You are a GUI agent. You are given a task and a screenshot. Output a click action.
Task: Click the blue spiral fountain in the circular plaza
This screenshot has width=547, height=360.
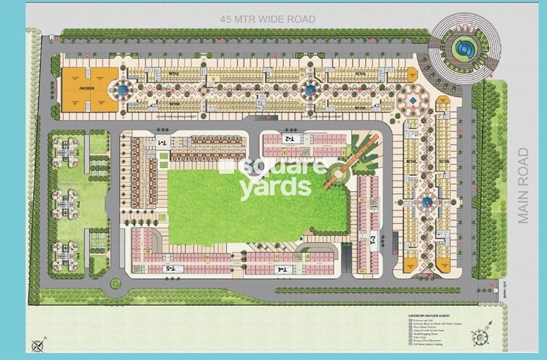462,49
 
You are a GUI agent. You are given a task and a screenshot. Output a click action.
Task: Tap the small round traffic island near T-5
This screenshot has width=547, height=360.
116,284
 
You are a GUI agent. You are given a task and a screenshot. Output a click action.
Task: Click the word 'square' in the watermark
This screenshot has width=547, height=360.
272,167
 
